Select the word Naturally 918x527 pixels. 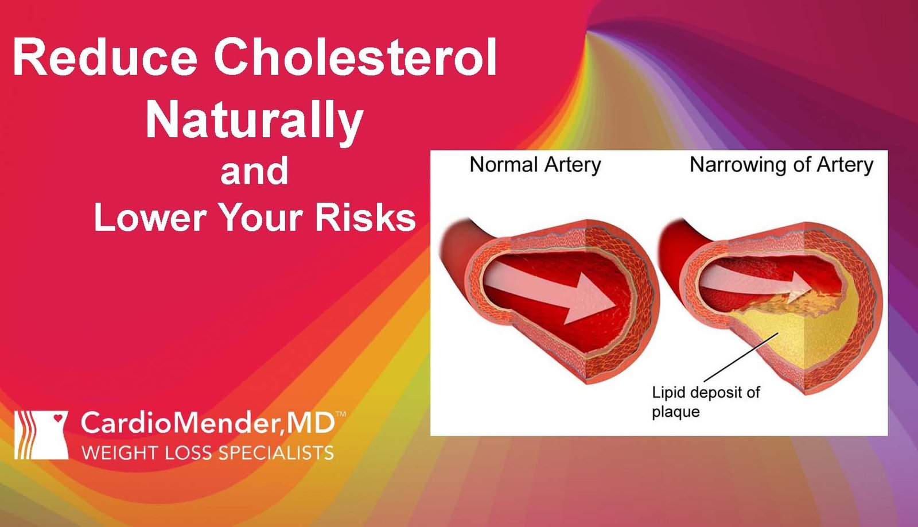(x=254, y=121)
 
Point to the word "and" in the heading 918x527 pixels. (x=254, y=171)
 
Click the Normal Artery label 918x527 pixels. (x=535, y=165)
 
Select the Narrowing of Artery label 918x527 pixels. (x=781, y=165)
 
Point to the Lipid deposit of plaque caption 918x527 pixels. (x=705, y=402)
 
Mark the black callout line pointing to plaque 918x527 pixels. (x=740, y=357)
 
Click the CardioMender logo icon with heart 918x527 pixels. (x=41, y=435)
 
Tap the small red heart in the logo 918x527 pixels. (x=57, y=418)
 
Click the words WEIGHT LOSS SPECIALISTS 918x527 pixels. (x=208, y=453)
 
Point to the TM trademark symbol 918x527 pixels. (x=340, y=414)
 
